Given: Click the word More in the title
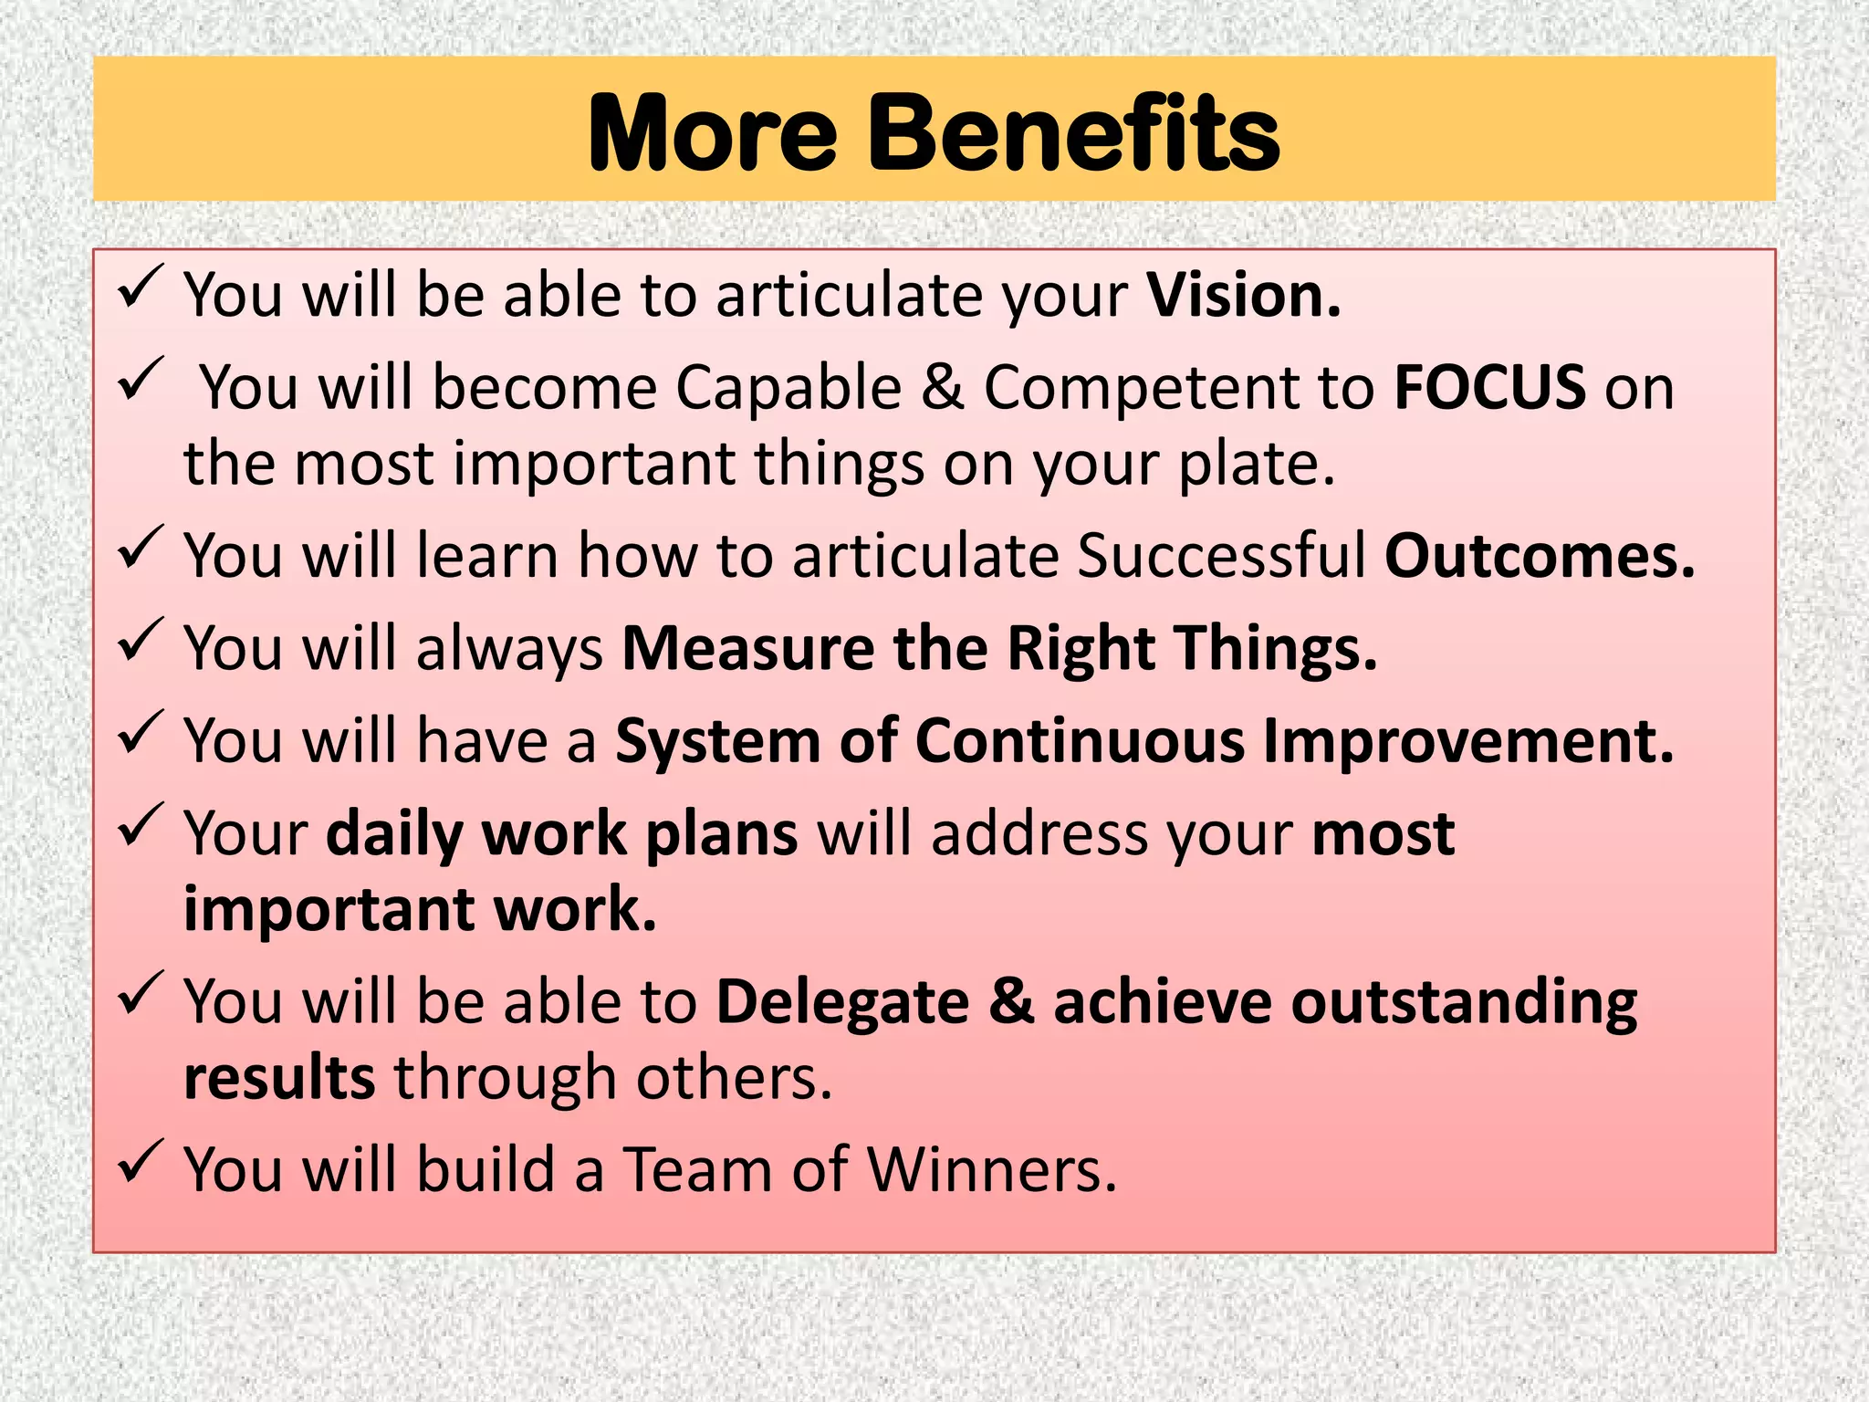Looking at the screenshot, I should pyautogui.click(x=713, y=135).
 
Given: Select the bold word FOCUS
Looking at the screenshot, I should pyautogui.click(x=1490, y=387).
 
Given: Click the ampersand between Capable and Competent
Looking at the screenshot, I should pyautogui.click(x=942, y=387).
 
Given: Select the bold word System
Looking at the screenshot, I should pyautogui.click(x=718, y=741).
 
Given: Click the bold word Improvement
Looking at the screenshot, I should pyautogui.click(x=1467, y=741).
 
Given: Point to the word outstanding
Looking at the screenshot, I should pyautogui.click(x=1464, y=1002).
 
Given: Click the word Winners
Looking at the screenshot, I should pyautogui.click(x=991, y=1170).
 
